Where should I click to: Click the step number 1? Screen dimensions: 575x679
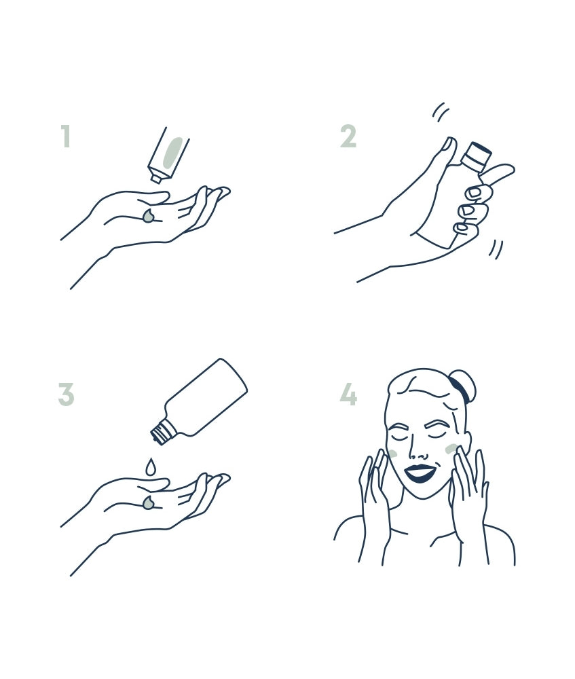coord(66,136)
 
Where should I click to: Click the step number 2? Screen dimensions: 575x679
coord(348,136)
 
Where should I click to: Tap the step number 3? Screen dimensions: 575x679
coord(67,394)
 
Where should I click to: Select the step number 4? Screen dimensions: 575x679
coord(348,394)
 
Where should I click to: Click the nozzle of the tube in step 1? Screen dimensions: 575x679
coord(155,178)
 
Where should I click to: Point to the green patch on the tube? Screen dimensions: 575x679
coord(173,151)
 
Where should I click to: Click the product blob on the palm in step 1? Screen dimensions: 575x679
coord(149,217)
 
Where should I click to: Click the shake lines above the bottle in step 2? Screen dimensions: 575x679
coord(441,111)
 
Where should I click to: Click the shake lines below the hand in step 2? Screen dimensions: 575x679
coord(496,249)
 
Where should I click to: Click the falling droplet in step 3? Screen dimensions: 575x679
coord(150,466)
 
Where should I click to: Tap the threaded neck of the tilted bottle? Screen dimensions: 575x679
coord(161,432)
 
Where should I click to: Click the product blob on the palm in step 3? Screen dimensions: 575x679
coord(149,502)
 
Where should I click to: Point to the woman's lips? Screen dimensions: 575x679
coord(420,473)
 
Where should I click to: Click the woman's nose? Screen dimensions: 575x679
coord(419,450)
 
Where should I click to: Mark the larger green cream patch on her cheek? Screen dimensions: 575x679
coord(451,449)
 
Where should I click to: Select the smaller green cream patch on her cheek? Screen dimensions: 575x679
coord(394,454)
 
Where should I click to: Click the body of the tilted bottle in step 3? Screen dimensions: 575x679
coord(206,397)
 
